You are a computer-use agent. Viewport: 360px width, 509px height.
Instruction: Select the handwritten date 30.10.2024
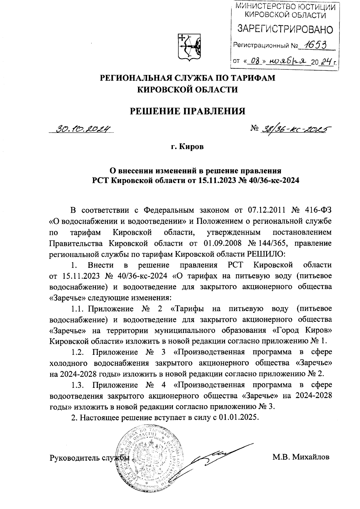pyautogui.click(x=84, y=129)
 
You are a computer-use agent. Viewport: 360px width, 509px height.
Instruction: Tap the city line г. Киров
pyautogui.click(x=187, y=147)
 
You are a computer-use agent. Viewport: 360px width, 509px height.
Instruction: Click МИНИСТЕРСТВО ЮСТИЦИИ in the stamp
pyautogui.click(x=284, y=6)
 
